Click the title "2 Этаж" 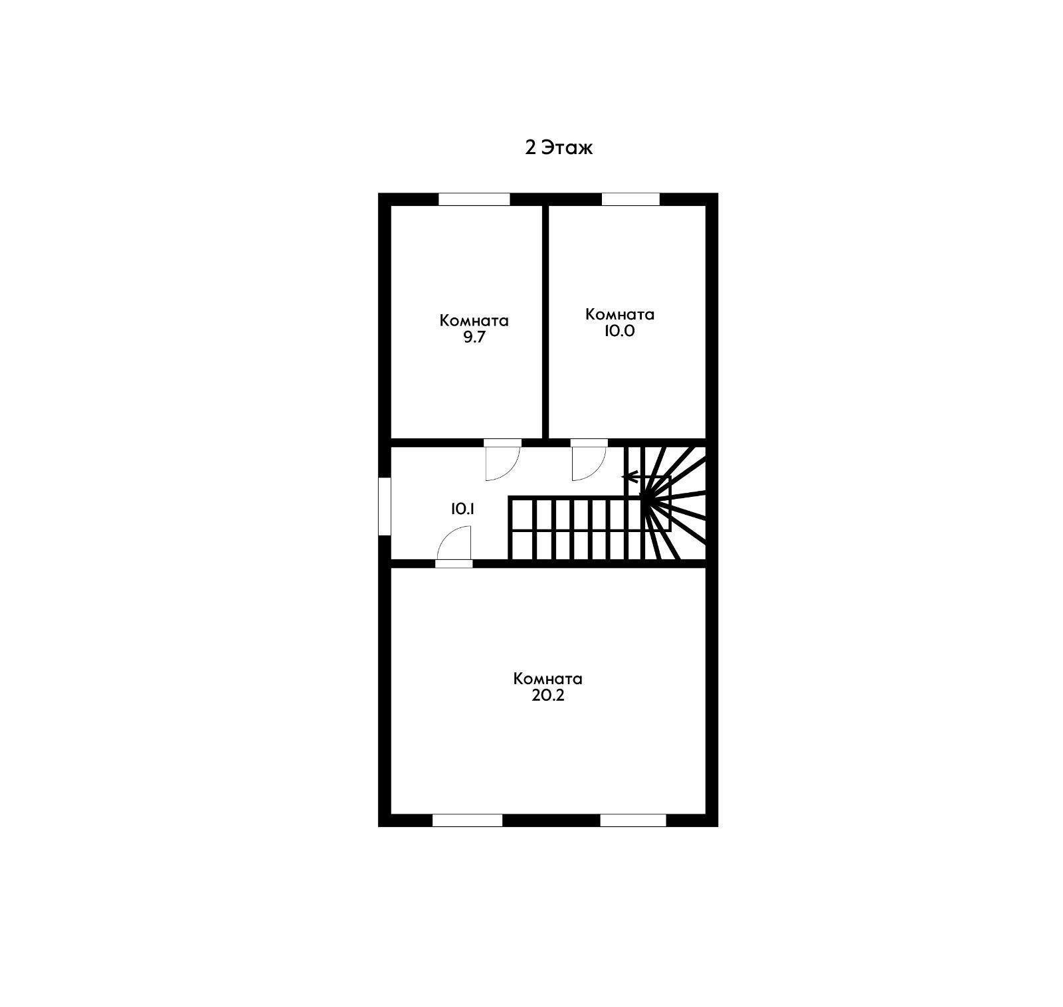tap(559, 147)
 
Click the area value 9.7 tap(474, 337)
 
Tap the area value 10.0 tap(619, 331)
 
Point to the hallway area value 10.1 tap(463, 509)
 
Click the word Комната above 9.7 tap(474, 321)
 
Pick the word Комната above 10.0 tap(619, 314)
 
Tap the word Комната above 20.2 tap(548, 679)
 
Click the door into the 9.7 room tap(502, 460)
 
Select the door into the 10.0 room tap(589, 460)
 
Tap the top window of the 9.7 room tap(474, 199)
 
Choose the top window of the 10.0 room tap(630, 199)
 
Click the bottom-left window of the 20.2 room tap(468, 820)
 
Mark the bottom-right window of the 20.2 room tap(633, 820)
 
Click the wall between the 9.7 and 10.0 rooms tap(545, 322)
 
